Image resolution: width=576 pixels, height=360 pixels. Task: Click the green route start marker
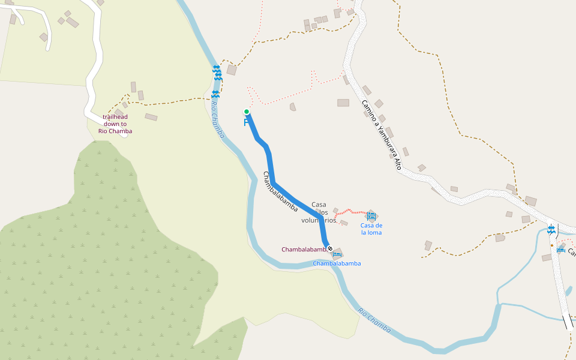(x=246, y=112)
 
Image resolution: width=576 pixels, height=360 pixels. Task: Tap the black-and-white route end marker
(x=329, y=248)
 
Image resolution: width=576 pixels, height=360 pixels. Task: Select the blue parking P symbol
(x=246, y=123)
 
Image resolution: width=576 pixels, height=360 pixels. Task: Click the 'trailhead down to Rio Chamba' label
(x=115, y=124)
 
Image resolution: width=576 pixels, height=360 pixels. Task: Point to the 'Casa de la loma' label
(x=371, y=229)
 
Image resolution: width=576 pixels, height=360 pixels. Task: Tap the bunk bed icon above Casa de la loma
(x=371, y=216)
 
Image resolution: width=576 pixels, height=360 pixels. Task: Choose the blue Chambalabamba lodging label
(x=337, y=263)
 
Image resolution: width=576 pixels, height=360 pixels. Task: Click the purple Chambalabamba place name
(x=304, y=250)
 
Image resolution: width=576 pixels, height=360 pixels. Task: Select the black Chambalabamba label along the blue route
(x=280, y=191)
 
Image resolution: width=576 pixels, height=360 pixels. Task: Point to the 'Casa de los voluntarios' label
(x=319, y=212)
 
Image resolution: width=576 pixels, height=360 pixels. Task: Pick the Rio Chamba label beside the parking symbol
(x=217, y=119)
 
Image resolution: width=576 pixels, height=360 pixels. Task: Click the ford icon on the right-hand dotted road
(x=551, y=230)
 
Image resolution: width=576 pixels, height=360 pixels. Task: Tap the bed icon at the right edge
(x=560, y=250)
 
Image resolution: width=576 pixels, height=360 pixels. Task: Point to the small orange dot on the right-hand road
(x=552, y=245)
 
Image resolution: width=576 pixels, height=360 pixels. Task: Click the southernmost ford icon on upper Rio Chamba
(x=215, y=95)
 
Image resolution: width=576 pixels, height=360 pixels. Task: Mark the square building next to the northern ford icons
(x=232, y=70)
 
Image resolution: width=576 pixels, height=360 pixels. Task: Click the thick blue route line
(x=272, y=174)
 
